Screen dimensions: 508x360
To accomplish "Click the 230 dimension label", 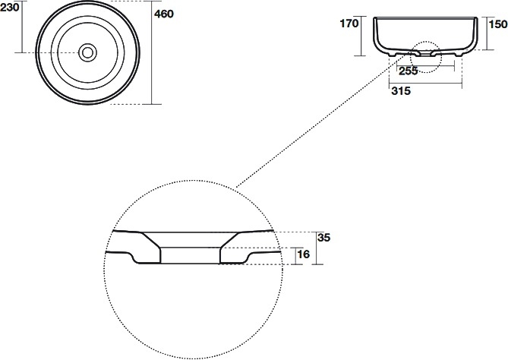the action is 9,7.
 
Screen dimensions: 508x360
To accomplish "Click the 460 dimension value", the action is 164,14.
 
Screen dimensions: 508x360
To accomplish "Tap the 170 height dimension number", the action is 349,24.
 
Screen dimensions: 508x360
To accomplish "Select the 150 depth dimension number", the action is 498,24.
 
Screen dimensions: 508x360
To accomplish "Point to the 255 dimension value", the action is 409,71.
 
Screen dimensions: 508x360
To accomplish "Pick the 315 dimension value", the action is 401,91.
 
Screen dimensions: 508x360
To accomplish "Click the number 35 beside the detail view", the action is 323,238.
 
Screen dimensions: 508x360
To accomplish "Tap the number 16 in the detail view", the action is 304,254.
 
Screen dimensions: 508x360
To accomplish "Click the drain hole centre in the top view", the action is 87,52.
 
